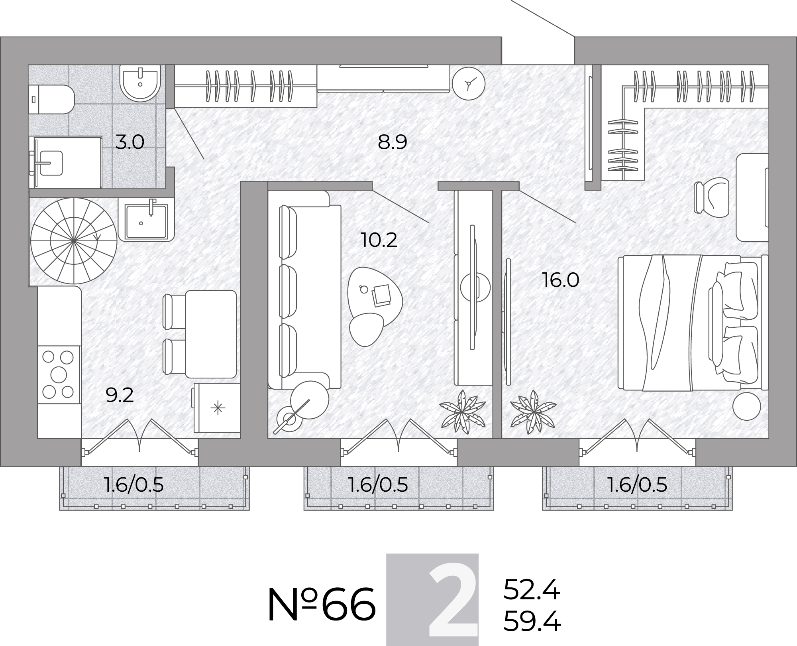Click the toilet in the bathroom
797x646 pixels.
(x=51, y=99)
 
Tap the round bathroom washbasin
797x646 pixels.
(x=140, y=83)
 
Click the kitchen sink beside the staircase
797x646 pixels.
(x=146, y=221)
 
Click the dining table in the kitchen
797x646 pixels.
(x=211, y=334)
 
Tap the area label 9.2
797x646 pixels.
(x=120, y=395)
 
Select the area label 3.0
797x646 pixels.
(x=130, y=142)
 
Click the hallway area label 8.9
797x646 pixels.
(x=393, y=142)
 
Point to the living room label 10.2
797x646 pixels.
(x=379, y=240)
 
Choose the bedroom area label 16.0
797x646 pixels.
(x=561, y=280)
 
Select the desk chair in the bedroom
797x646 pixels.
(x=712, y=197)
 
